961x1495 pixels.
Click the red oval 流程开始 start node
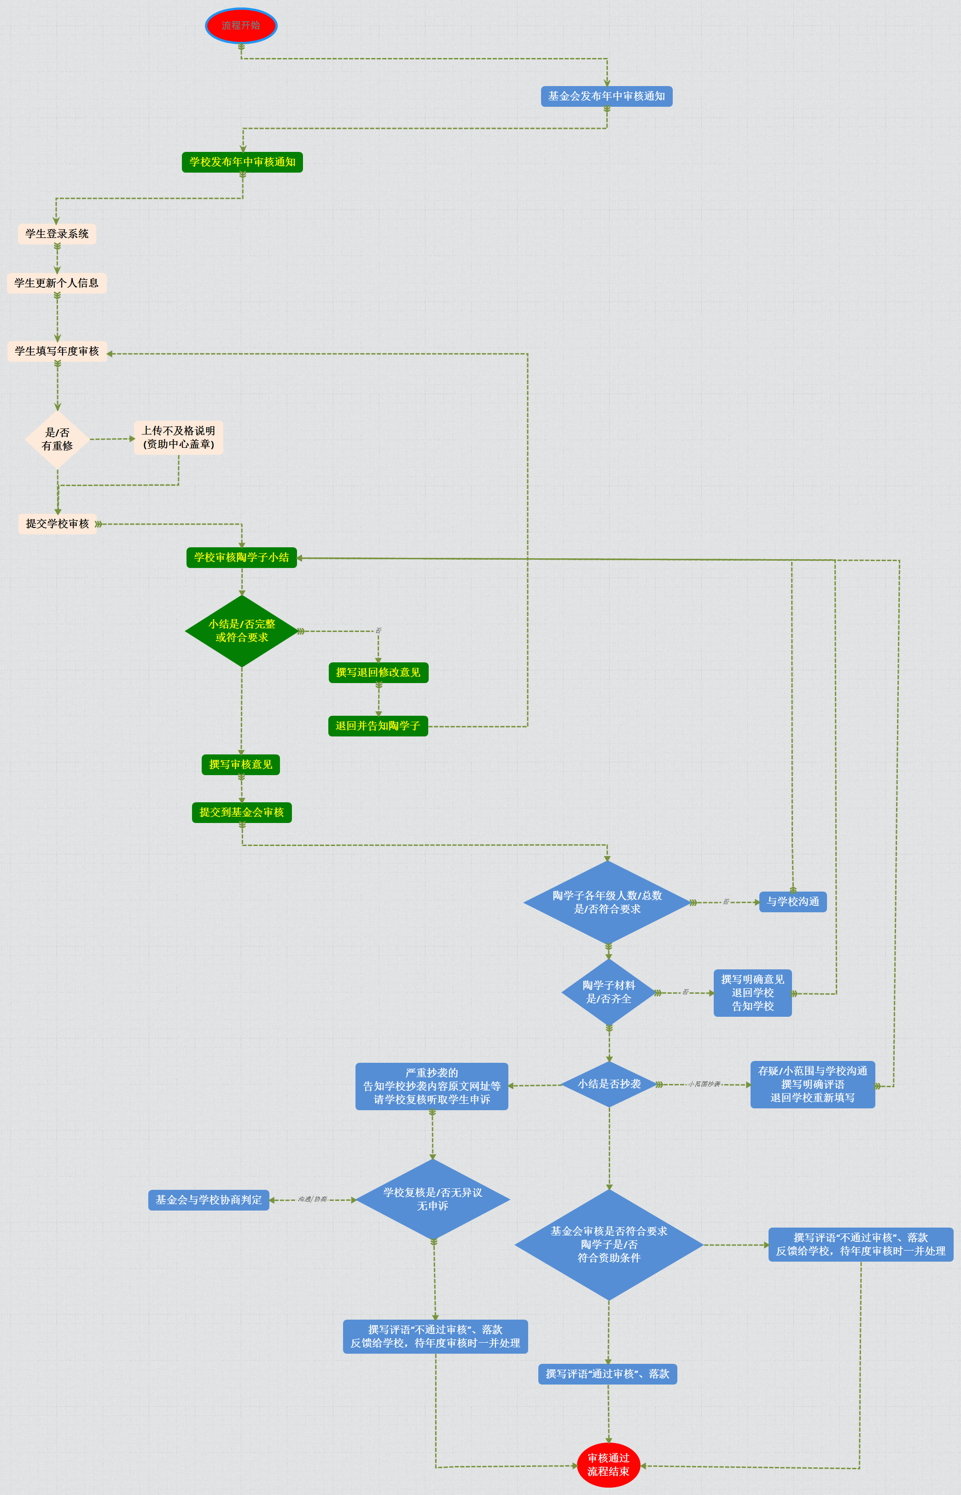(x=241, y=26)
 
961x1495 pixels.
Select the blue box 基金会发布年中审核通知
(x=606, y=96)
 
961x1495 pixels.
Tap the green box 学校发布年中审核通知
(x=242, y=162)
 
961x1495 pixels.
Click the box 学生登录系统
(x=57, y=234)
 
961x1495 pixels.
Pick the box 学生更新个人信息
(x=57, y=283)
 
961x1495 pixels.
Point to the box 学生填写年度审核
(x=57, y=351)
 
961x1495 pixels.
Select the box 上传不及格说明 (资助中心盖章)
(x=179, y=437)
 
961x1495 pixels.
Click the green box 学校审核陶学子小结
(x=241, y=557)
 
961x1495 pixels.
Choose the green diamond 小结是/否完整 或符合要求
(x=241, y=631)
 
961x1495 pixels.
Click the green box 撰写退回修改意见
(x=378, y=672)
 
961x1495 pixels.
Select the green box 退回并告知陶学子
(x=378, y=726)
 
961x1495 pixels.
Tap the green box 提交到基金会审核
(x=241, y=812)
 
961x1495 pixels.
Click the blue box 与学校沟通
(x=792, y=902)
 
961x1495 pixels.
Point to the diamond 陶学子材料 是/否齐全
(x=608, y=992)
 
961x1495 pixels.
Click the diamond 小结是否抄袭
(x=609, y=1084)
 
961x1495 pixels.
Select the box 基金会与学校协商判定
(x=209, y=1200)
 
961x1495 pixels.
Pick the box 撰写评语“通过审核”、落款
(x=607, y=1374)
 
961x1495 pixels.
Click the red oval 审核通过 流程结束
(x=608, y=1465)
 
